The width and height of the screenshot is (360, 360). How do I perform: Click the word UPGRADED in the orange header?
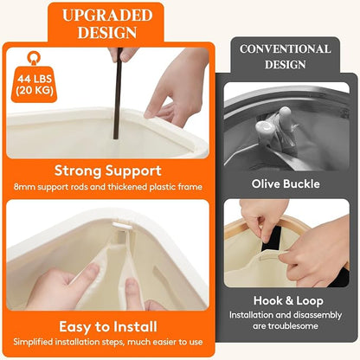(107, 16)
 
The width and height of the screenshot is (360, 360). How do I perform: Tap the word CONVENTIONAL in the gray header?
(285, 49)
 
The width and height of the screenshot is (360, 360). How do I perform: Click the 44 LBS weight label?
(35, 79)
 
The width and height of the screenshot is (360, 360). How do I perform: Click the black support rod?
(118, 93)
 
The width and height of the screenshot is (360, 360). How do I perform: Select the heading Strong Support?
(108, 170)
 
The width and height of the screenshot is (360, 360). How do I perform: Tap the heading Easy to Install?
(108, 327)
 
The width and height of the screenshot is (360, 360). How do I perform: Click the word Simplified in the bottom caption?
(33, 342)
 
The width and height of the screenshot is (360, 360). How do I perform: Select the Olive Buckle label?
(286, 183)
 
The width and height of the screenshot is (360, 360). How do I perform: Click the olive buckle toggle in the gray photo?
(274, 125)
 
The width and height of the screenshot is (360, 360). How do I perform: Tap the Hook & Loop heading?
(288, 300)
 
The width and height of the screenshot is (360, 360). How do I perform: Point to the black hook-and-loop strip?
(272, 239)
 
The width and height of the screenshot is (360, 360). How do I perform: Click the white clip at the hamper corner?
(122, 226)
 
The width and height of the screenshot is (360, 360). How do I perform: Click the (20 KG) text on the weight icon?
(35, 91)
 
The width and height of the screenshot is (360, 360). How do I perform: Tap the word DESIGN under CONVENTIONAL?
(286, 65)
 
